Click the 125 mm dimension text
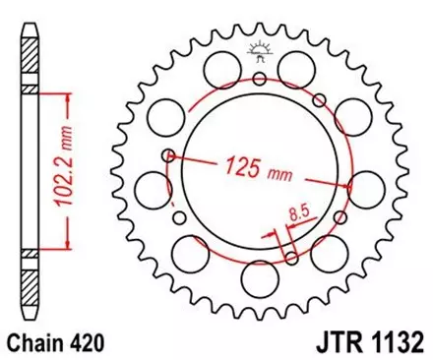245,164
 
